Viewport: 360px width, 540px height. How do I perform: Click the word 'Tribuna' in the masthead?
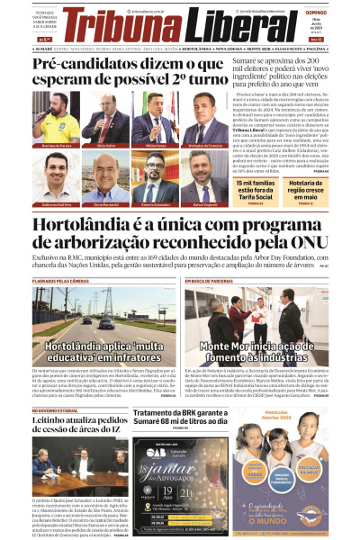[x=124, y=23]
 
